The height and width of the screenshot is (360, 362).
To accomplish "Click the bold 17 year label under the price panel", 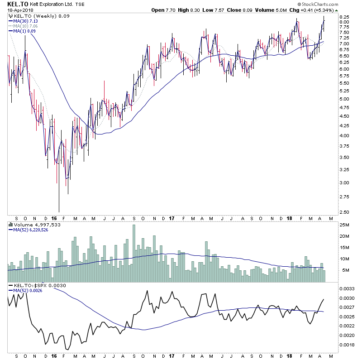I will [x=171, y=218].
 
